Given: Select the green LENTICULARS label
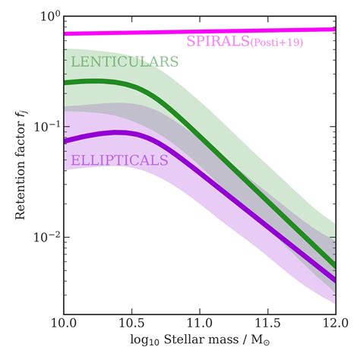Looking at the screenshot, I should point(124,62).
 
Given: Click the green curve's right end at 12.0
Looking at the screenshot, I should point(335,266).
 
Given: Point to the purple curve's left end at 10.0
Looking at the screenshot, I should point(65,141).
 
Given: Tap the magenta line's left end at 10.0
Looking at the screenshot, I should point(65,33).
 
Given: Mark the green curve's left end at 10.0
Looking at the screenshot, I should point(65,82).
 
